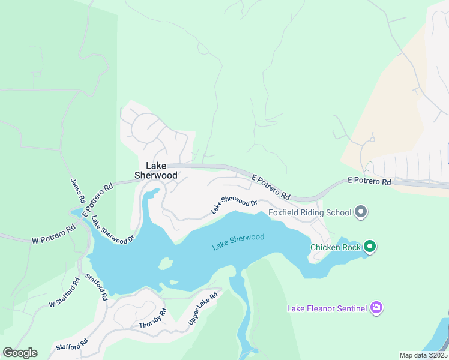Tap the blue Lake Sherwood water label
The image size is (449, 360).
[238, 242]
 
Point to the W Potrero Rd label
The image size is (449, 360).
[53, 235]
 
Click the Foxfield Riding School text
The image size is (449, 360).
[310, 212]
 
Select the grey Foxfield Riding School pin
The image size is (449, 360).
[361, 212]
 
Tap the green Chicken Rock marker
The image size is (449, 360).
[370, 246]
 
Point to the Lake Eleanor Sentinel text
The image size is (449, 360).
[327, 308]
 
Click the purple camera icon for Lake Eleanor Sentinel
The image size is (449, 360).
[377, 308]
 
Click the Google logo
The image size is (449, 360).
[20, 353]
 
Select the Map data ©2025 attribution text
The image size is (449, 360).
[423, 355]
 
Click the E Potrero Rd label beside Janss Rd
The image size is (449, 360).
[98, 200]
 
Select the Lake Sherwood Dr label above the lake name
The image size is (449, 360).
[234, 205]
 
